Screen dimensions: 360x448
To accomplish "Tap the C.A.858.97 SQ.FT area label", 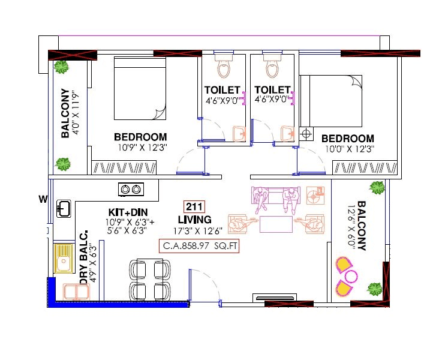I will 199,246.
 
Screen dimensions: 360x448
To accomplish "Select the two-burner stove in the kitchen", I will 131,190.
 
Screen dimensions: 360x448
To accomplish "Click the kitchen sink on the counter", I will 64,208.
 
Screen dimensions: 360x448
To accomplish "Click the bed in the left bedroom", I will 139,89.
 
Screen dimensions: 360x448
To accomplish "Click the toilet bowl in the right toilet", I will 272,67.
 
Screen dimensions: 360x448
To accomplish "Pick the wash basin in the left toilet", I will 237,133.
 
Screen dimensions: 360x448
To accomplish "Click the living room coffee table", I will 276,224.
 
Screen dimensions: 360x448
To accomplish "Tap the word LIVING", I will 194,220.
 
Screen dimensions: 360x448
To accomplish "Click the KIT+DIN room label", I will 127,212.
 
